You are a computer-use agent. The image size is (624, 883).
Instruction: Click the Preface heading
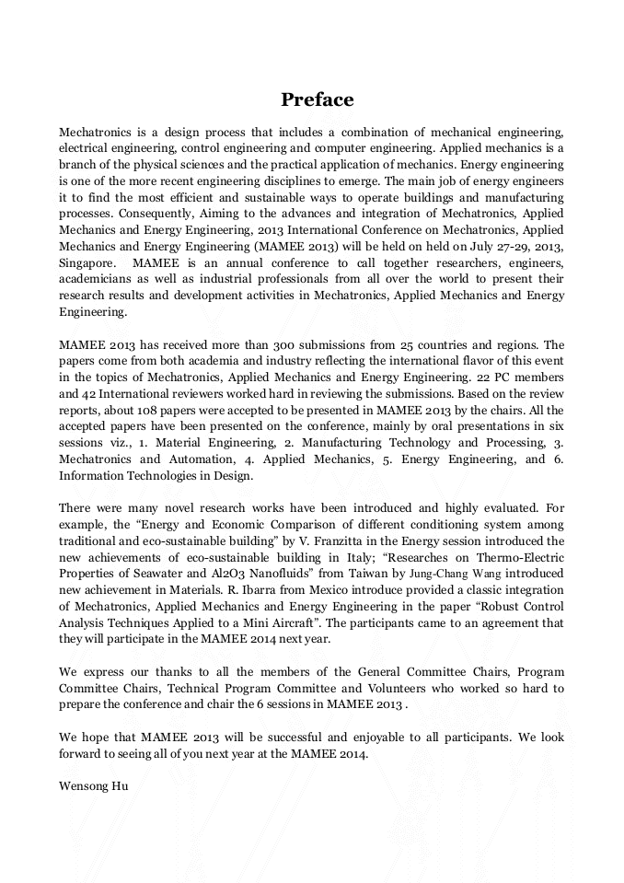click(317, 99)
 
